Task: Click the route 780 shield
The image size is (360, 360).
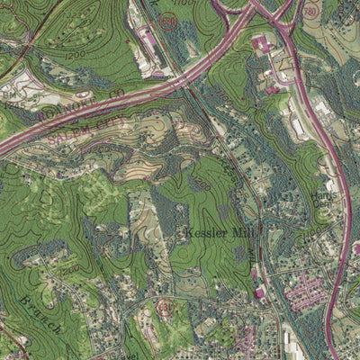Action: click(x=310, y=12)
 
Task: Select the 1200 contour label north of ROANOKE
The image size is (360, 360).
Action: click(x=74, y=54)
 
